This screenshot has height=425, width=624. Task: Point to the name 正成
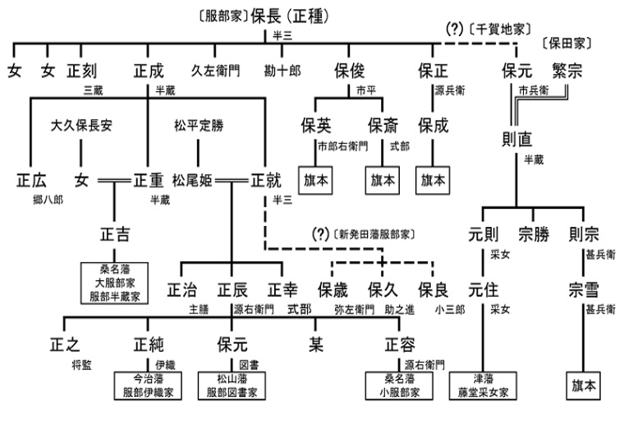151,71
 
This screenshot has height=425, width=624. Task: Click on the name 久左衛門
214,71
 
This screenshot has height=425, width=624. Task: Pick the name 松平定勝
198,127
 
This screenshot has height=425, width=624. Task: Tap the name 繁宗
567,71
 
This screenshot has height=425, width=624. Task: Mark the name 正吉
114,233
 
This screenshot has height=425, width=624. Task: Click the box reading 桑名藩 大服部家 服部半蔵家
115,282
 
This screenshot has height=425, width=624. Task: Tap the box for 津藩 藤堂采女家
484,386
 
